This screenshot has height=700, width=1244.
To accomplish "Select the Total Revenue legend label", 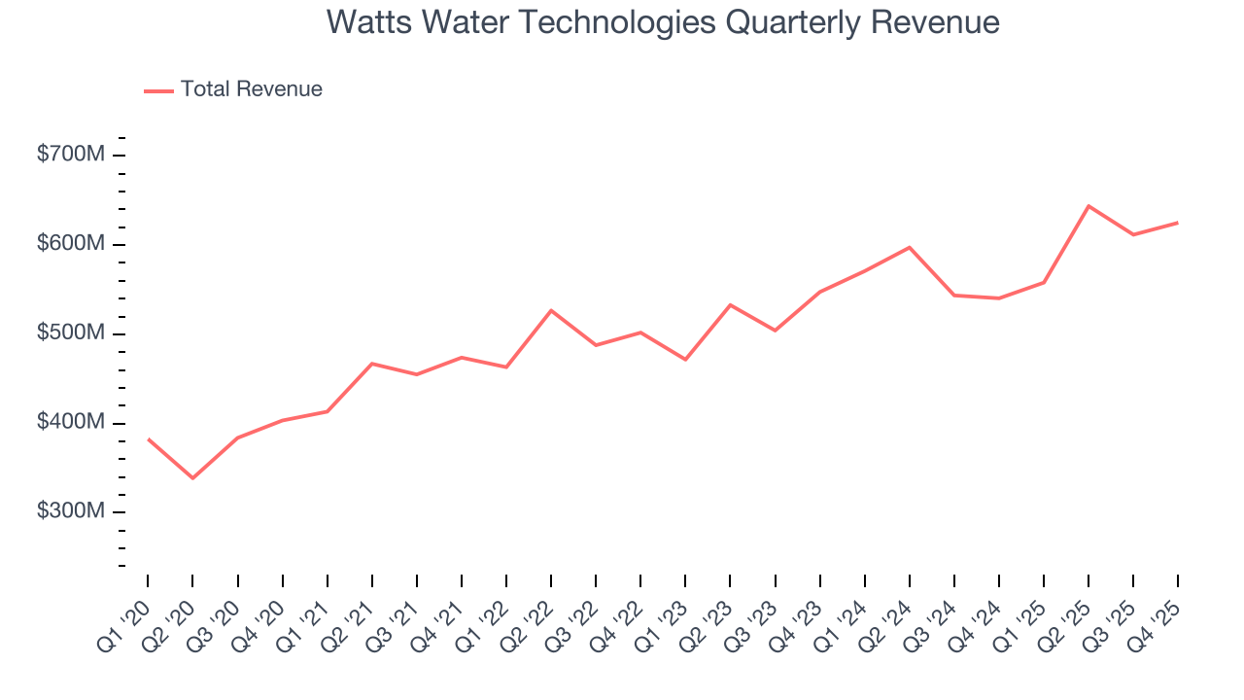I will pos(251,89).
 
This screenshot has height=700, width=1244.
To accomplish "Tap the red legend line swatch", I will pos(158,90).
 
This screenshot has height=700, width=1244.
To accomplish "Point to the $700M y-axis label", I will pos(70,155).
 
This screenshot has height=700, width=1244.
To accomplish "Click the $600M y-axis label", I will pos(70,244).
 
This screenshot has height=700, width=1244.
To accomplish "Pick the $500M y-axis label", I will pos(70,333).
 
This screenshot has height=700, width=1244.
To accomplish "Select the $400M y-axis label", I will pos(70,423).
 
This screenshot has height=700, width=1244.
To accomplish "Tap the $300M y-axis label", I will pos(70,512).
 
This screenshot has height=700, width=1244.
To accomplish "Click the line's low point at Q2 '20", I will pos(192,478).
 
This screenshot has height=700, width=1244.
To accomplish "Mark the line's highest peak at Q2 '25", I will pos(1088,206).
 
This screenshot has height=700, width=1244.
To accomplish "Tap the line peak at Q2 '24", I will pos(910,247).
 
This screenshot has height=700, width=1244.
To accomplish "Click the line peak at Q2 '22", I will pos(551,310).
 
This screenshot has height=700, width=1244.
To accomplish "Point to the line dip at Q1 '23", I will pos(685,360).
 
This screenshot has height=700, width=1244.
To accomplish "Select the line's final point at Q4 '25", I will pos(1178,223).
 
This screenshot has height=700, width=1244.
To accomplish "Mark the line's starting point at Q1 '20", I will pos(148,438).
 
